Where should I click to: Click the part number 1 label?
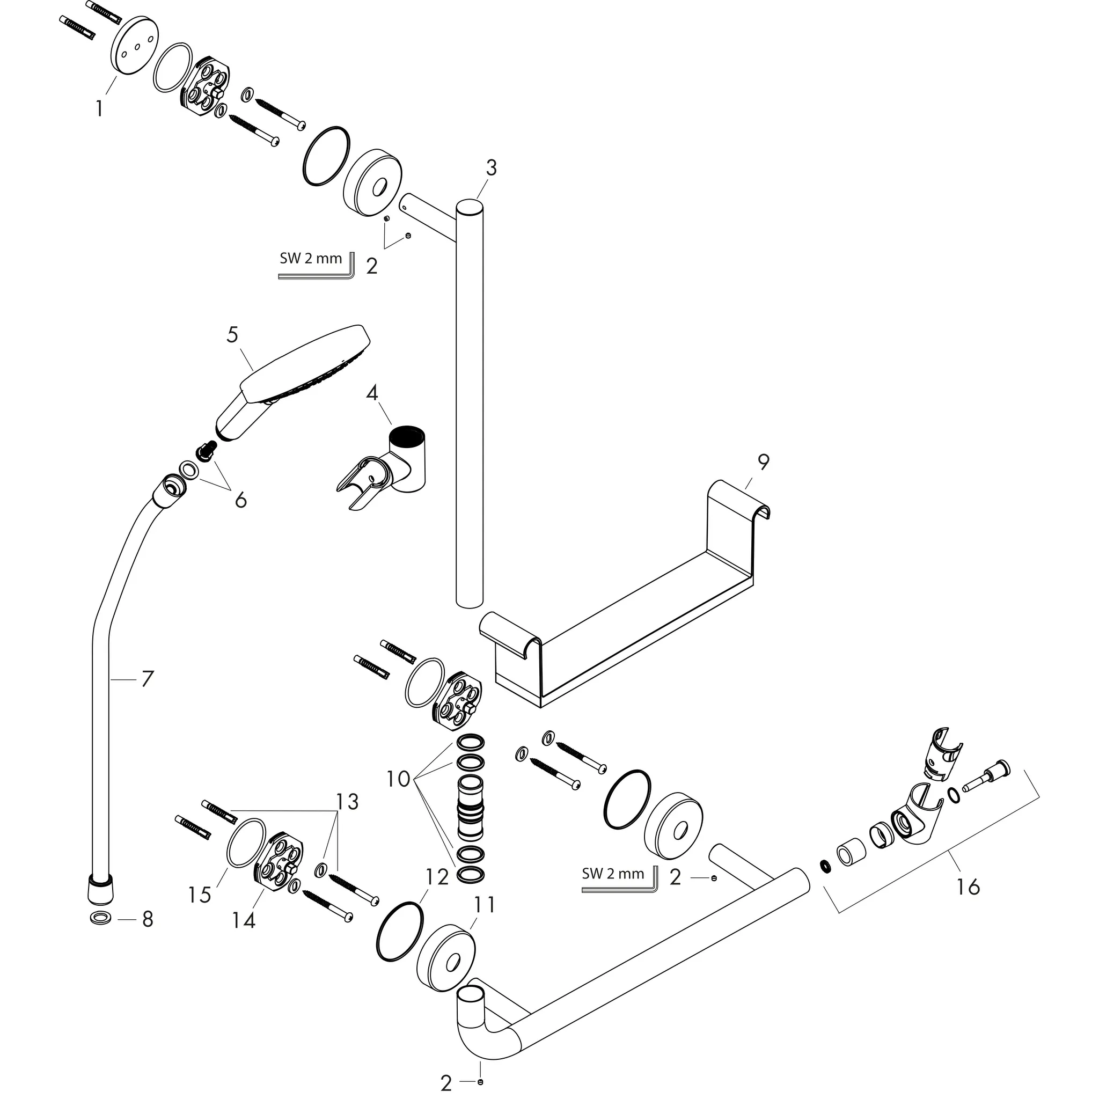[x=100, y=107]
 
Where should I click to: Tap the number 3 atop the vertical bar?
[x=491, y=168]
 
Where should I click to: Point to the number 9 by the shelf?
[x=763, y=462]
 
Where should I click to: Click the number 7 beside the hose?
[x=148, y=679]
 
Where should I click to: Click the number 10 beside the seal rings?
[x=398, y=779]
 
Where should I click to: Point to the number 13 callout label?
[x=347, y=802]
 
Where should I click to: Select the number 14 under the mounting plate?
[x=244, y=920]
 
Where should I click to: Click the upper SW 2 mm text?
[x=311, y=258]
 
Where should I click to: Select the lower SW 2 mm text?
[x=613, y=874]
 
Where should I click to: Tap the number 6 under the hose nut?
[x=240, y=500]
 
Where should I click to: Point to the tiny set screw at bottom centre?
[x=481, y=1081]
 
